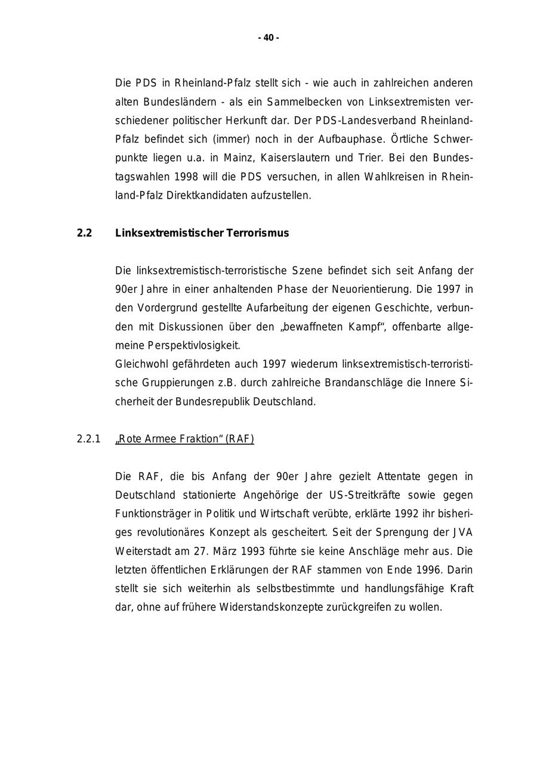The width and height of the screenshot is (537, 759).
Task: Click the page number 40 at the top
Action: (x=268, y=38)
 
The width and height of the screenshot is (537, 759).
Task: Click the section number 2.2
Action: (x=84, y=233)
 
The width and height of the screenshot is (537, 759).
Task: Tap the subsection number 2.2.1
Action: (x=88, y=439)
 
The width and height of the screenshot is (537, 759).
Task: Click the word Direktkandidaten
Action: (x=202, y=196)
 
